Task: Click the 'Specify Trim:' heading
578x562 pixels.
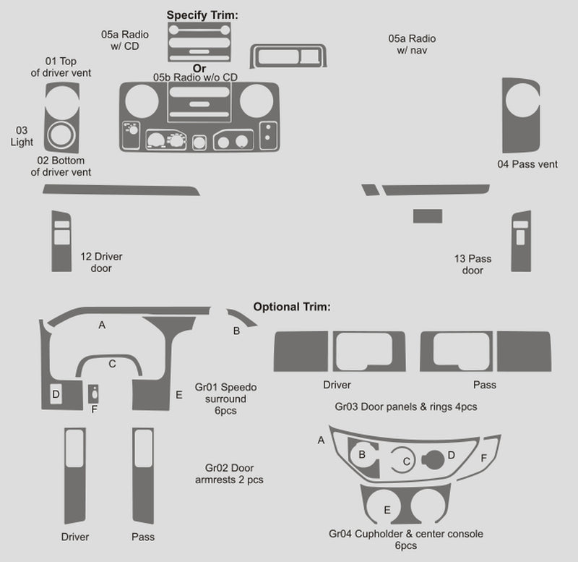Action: (202, 14)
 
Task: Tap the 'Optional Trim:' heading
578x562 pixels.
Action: (291, 307)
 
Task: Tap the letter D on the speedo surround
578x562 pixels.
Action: (56, 393)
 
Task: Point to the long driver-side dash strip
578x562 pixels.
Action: (121, 190)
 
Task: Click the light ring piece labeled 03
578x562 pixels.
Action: (61, 134)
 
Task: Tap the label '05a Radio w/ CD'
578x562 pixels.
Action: (120, 40)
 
